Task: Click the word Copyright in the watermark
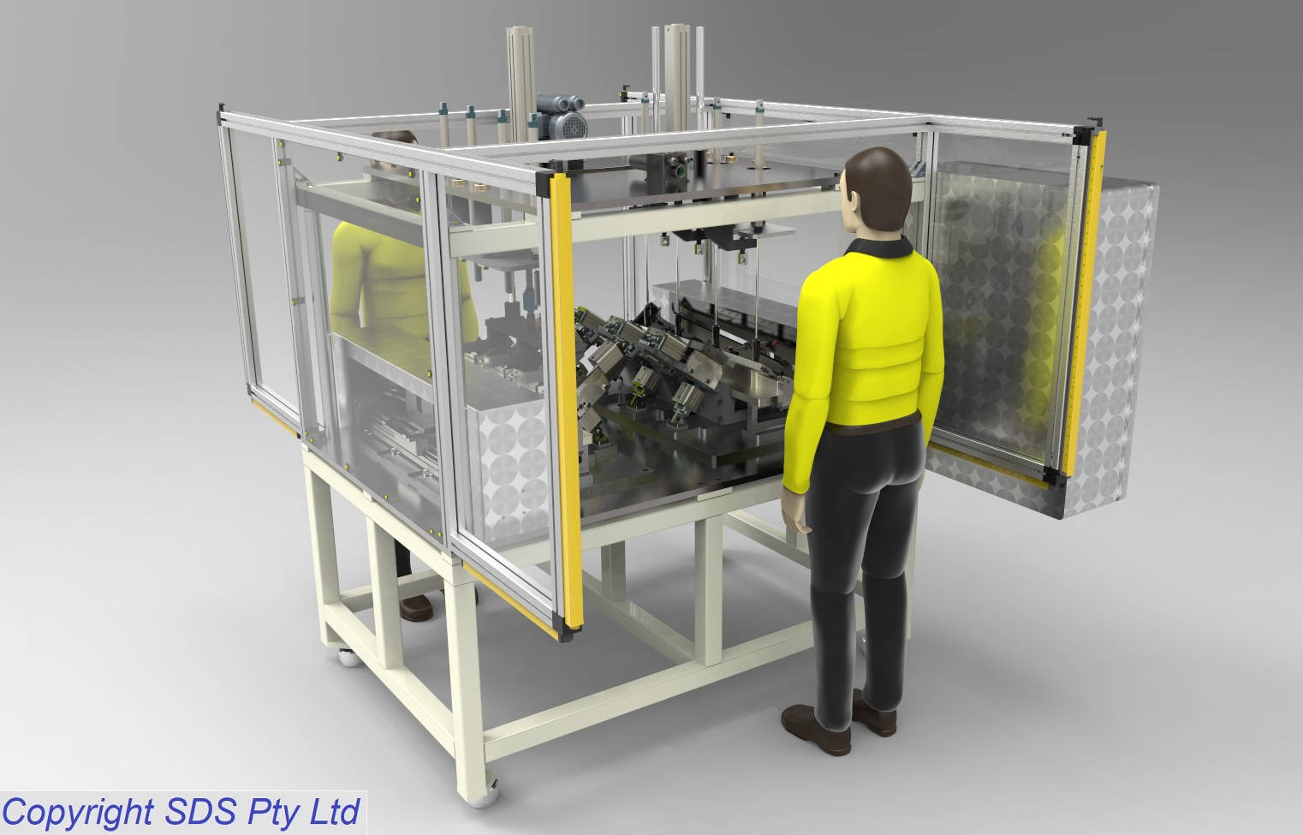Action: coord(77,813)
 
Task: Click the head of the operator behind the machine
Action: coord(395,137)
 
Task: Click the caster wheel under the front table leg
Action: coord(484,795)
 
